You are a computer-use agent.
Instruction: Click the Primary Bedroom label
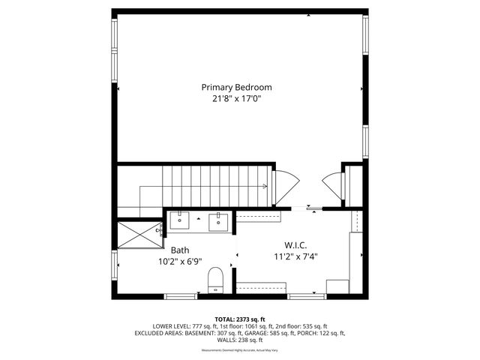[236, 87]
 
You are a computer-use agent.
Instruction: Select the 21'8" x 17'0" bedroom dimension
[236, 98]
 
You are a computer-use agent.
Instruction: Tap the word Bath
[180, 250]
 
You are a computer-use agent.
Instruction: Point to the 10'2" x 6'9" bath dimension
[180, 262]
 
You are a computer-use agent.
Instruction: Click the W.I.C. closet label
[295, 245]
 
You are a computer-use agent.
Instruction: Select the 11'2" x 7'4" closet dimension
[295, 256]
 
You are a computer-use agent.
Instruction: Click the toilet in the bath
[215, 278]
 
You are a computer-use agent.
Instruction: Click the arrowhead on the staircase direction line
[265, 186]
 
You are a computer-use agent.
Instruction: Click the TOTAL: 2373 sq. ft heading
[239, 318]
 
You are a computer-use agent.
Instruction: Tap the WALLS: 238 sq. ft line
[239, 340]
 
